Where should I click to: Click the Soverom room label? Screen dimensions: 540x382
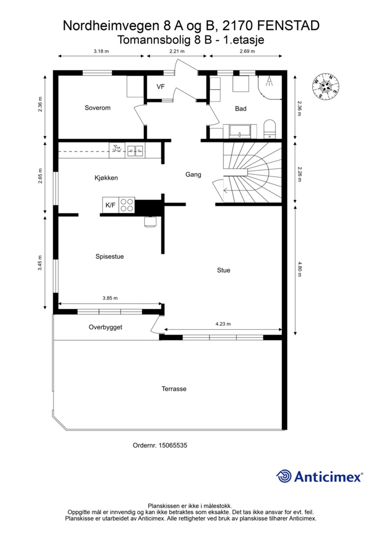click(97, 108)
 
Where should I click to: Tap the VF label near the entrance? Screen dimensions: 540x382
click(161, 87)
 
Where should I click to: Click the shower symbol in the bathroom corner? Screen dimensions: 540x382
click(269, 82)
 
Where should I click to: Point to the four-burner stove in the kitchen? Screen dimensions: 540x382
click(127, 205)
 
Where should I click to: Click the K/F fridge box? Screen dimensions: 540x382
click(110, 205)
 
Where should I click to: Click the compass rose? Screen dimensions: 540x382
click(326, 87)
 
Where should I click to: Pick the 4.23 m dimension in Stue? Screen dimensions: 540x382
click(223, 324)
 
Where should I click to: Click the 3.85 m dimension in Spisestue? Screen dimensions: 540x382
click(110, 298)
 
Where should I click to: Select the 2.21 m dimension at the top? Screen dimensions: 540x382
click(177, 51)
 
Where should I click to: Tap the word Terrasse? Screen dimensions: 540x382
click(174, 389)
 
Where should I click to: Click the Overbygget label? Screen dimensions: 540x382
click(105, 327)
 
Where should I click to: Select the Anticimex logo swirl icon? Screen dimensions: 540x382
click(284, 476)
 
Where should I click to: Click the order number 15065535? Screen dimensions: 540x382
click(173, 445)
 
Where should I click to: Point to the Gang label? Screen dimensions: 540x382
click(193, 174)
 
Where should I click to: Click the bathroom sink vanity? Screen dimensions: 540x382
click(239, 131)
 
